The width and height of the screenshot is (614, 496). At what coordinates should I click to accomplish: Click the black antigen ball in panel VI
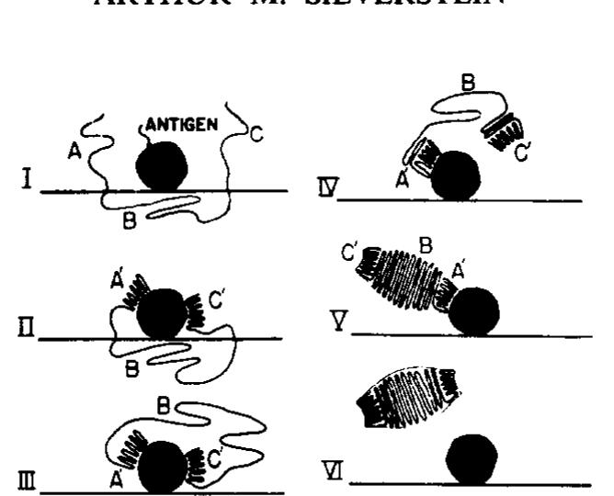(472, 458)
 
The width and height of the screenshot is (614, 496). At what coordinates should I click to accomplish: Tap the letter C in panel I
(256, 135)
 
